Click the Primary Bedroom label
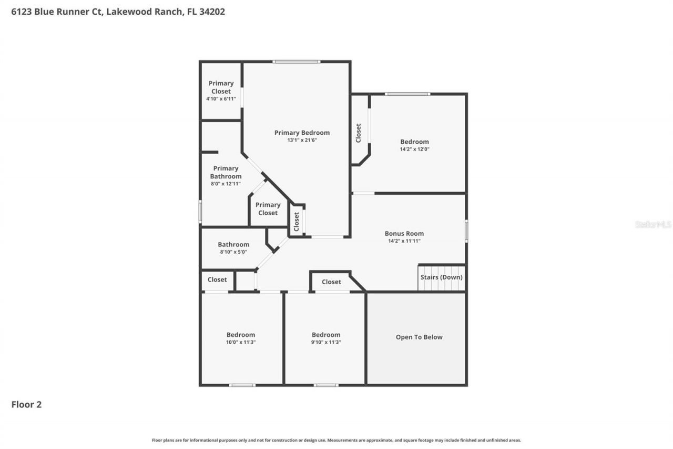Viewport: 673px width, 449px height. tap(302, 133)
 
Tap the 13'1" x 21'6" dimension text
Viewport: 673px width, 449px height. tap(302, 140)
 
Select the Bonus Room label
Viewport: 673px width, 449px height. tap(404, 234)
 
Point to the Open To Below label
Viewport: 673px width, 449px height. tap(419, 337)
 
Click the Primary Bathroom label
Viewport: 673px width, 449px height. tap(226, 172)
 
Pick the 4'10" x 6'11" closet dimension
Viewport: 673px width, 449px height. tap(221, 98)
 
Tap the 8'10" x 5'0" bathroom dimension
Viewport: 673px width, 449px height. tap(233, 252)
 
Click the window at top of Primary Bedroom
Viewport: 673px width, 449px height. tap(296, 62)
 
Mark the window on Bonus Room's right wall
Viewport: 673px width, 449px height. tap(466, 231)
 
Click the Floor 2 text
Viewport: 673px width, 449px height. tap(26, 405)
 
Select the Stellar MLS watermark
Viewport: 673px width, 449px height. tap(653, 224)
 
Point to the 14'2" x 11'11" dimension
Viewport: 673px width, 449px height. tap(404, 241)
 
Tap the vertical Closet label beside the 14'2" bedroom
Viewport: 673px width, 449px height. tap(359, 133)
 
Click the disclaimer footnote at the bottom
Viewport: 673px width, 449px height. tap(336, 440)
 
